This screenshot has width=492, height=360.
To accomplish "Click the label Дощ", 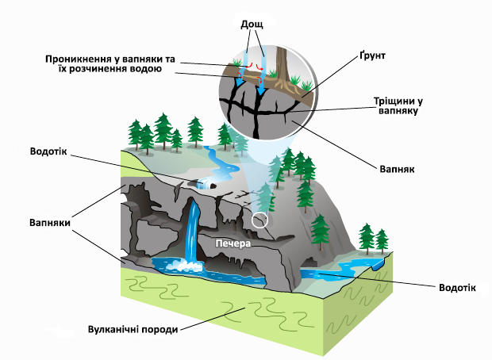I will (x=252, y=25).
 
